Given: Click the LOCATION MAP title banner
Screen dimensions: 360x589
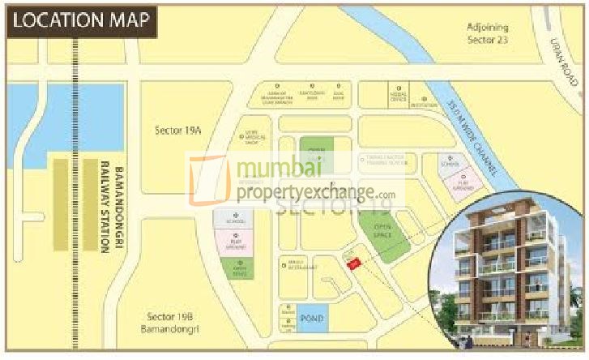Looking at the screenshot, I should (x=80, y=20).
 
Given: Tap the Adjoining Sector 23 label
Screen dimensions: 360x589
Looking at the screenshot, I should (x=497, y=33).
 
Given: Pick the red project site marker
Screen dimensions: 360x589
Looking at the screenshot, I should (x=352, y=262).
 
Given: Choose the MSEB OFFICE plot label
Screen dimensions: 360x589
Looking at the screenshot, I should (x=398, y=95).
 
